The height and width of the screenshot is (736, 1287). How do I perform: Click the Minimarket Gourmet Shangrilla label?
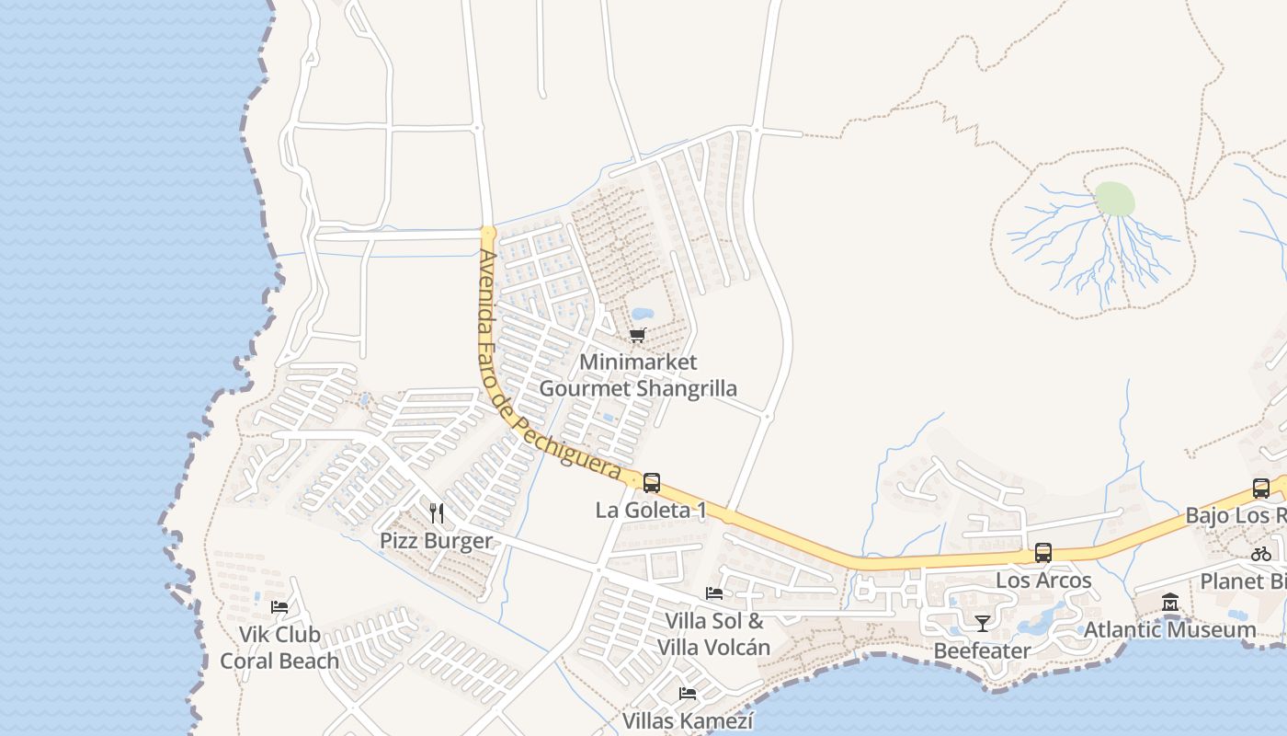(x=637, y=375)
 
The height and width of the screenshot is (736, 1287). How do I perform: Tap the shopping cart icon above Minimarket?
(x=637, y=335)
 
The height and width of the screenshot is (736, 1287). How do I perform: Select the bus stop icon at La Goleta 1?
(x=651, y=482)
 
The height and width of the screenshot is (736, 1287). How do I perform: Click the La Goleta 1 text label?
(x=651, y=510)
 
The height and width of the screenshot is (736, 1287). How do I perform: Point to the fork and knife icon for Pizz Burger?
(x=437, y=512)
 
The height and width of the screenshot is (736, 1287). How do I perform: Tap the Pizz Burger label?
(x=437, y=541)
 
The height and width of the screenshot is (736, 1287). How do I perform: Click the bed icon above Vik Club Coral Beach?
(x=279, y=606)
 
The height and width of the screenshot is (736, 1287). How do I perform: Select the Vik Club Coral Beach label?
(x=279, y=648)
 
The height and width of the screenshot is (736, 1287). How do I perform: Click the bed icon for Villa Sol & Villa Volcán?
(x=713, y=593)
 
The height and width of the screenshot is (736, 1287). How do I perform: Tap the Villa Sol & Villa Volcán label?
(x=713, y=634)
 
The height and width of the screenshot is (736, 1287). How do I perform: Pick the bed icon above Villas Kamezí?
(x=687, y=694)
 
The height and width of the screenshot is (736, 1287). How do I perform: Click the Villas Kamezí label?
(x=688, y=720)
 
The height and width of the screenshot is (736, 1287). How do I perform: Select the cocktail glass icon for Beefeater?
(x=982, y=624)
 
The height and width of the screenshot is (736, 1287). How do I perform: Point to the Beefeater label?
(x=982, y=651)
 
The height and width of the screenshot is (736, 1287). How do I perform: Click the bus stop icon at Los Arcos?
(x=1043, y=553)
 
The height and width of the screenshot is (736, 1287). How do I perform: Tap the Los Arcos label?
(x=1043, y=581)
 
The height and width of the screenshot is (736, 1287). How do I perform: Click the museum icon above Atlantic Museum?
(x=1170, y=603)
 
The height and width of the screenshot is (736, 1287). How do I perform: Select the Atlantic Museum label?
(x=1170, y=630)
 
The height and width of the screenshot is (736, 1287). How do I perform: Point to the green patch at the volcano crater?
(x=1114, y=199)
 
